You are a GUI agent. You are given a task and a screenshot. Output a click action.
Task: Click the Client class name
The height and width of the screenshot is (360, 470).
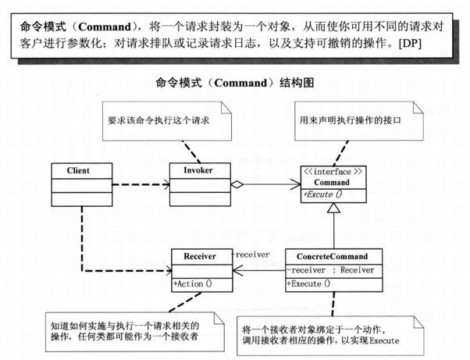78,170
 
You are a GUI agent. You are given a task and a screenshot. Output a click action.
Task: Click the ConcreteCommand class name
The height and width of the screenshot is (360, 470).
333,255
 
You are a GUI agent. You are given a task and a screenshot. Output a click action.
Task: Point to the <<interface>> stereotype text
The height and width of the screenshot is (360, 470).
333,170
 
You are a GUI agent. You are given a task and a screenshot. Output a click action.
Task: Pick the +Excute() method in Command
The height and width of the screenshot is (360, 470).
329,193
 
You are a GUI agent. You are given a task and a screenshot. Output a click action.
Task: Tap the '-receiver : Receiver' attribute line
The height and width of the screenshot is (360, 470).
329,269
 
